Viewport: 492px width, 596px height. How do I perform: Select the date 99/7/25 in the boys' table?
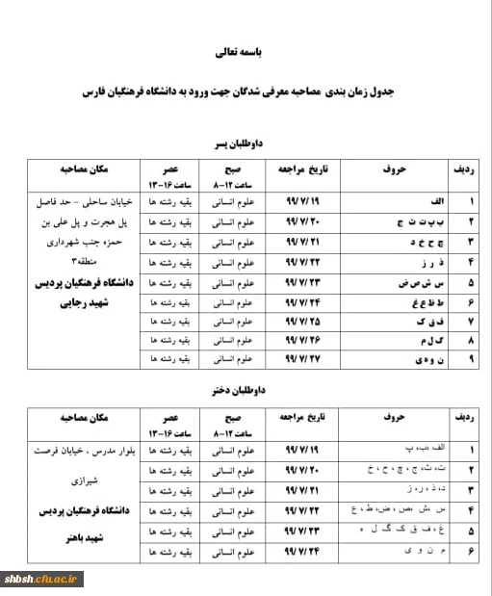point(304,320)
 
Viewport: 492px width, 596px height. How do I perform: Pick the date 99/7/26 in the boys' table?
point(304,339)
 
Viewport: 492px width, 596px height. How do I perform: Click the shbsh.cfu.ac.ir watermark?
point(43,579)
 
